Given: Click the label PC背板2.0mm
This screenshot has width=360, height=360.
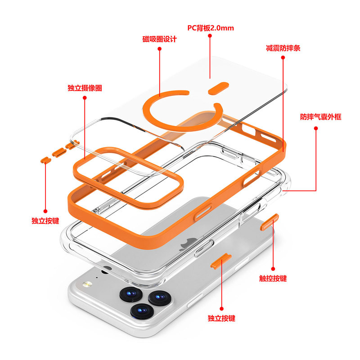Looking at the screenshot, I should tap(211, 28).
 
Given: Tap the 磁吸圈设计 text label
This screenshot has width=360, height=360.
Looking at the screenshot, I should tap(159, 39).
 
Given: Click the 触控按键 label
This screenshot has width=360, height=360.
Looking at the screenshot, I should tap(273, 278).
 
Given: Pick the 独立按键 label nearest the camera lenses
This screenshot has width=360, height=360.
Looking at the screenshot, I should tap(221, 318).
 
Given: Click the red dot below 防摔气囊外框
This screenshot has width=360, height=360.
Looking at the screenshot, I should tap(316, 128).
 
